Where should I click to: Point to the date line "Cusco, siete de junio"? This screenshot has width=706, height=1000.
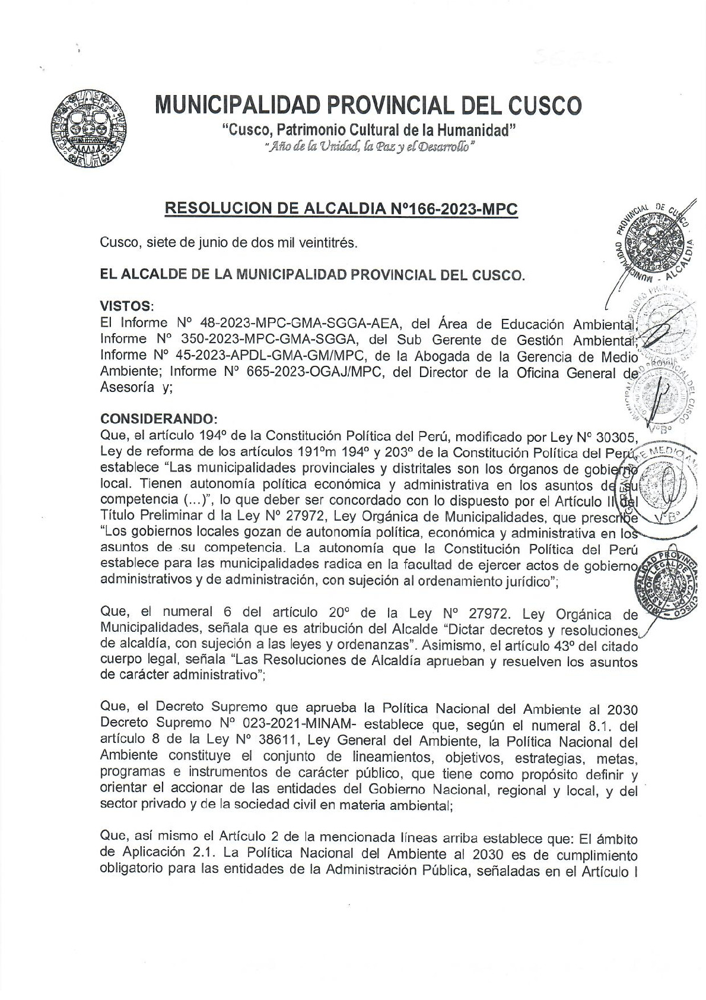click(229, 242)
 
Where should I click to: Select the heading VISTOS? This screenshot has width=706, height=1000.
click(126, 306)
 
